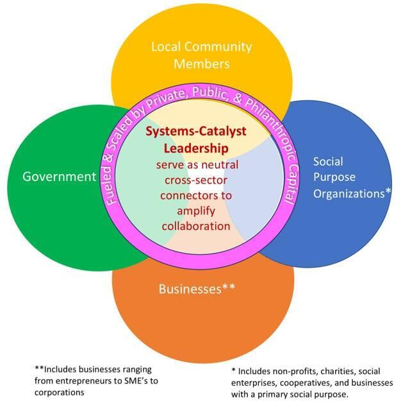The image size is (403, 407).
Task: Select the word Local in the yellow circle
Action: pyautogui.click(x=166, y=47)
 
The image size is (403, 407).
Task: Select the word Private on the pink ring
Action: pyautogui.click(x=177, y=105)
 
